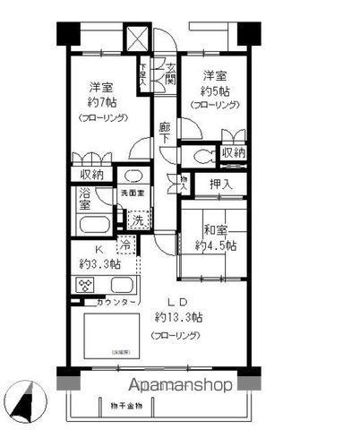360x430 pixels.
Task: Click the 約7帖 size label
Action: click(99, 102)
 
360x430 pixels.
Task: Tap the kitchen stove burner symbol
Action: click(83, 287)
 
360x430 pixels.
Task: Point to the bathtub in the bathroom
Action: click(89, 224)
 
